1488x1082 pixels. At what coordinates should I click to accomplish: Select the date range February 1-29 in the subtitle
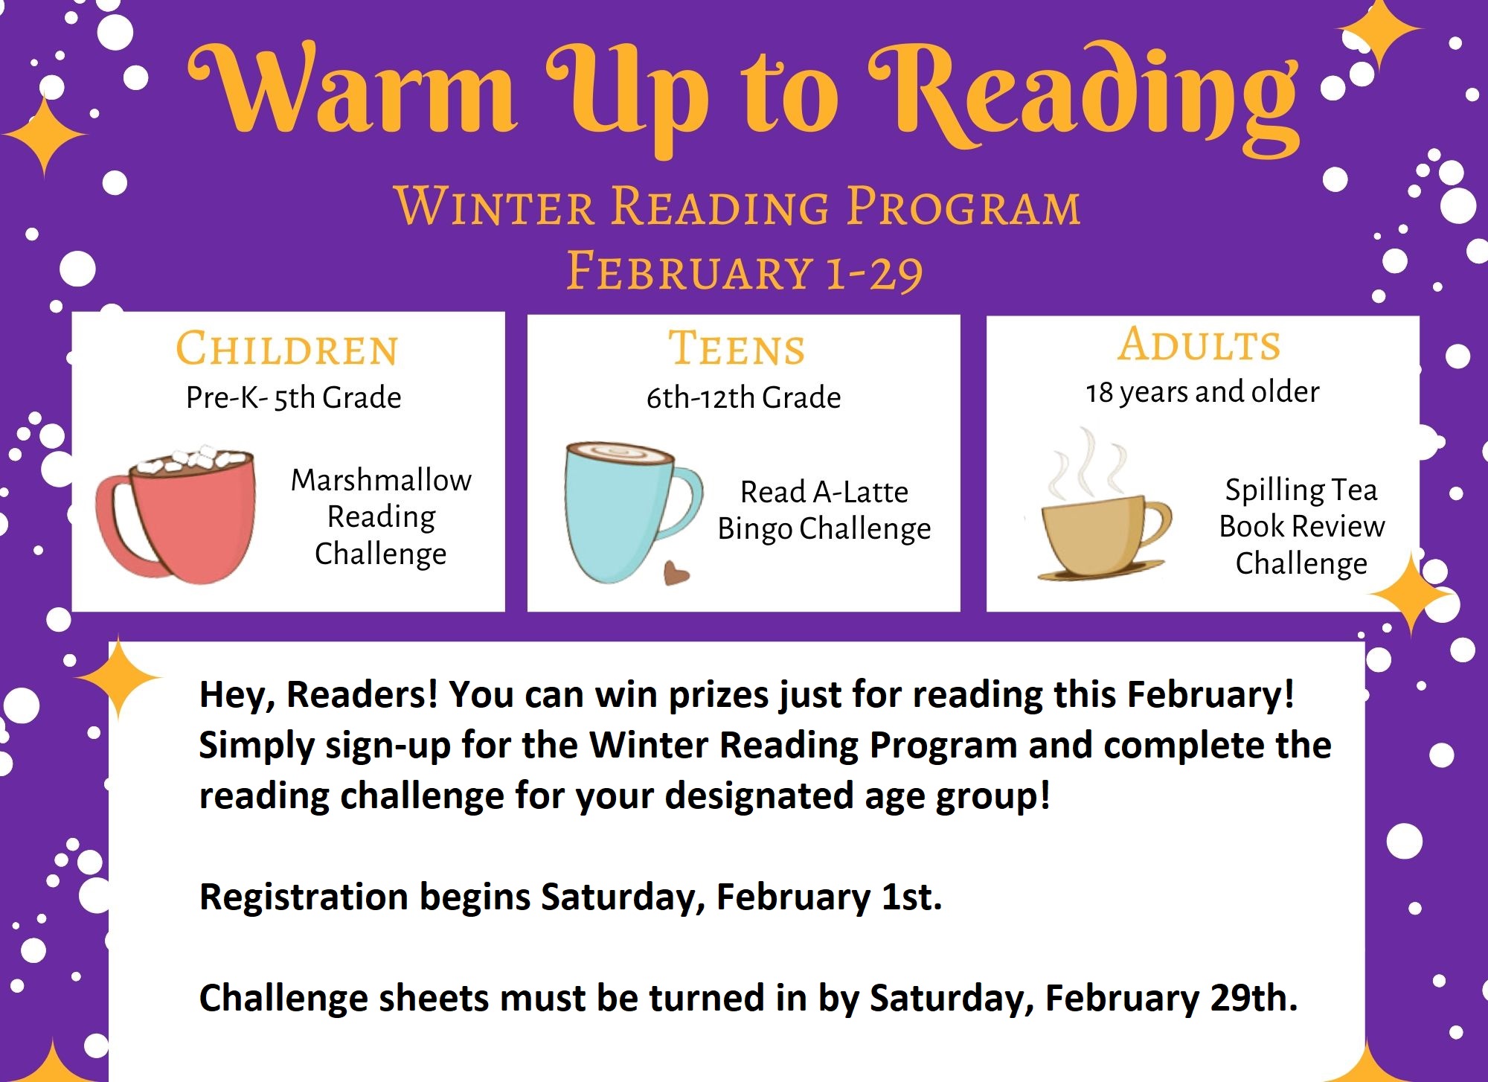744,271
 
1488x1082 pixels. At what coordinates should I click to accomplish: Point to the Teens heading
737,348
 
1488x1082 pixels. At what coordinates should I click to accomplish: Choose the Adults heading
1199,344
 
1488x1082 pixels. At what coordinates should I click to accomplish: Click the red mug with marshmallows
177,513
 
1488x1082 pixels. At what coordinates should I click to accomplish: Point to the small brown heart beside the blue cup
676,573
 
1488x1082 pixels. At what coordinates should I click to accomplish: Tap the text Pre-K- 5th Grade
293,397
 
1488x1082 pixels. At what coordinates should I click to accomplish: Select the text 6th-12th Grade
743,397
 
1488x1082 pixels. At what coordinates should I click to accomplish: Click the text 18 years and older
1202,392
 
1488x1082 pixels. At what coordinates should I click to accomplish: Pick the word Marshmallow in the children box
381,480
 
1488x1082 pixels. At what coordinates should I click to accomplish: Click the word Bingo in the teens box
754,529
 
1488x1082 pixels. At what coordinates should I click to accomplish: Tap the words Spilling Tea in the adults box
1301,490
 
